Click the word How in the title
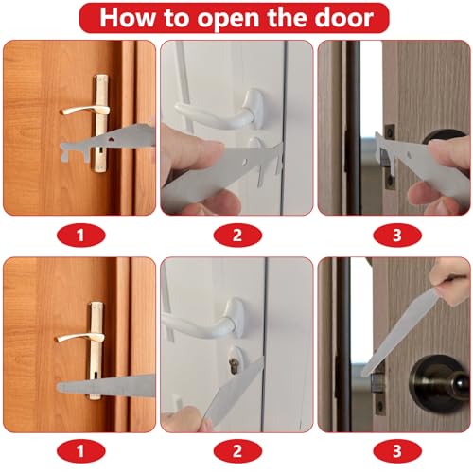(x=127, y=17)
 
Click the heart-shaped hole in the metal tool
(x=111, y=139)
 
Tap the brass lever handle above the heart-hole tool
(x=85, y=110)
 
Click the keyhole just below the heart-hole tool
(x=100, y=151)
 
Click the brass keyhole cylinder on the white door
(x=234, y=366)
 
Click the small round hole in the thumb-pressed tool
(x=244, y=162)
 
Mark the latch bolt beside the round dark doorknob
(x=377, y=384)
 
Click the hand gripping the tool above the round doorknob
(x=452, y=280)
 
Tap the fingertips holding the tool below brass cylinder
(x=186, y=418)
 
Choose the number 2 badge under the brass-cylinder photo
(x=237, y=451)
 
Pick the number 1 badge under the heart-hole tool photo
(x=80, y=235)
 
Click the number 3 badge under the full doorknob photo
(x=397, y=451)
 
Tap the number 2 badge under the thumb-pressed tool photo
(x=237, y=235)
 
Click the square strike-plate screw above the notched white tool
(x=390, y=131)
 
